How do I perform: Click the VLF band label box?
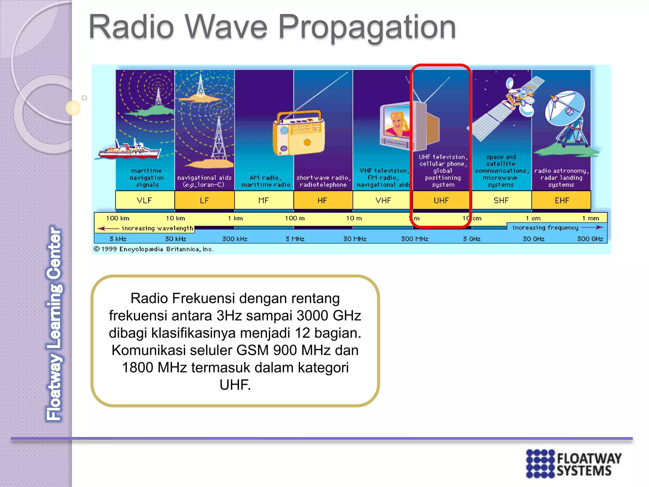point(145,200)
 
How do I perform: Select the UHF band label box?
point(441,200)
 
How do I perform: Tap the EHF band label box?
point(561,200)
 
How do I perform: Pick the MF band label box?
point(264,200)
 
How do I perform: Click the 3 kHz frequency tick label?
point(118,239)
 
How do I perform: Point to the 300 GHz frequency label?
point(590,239)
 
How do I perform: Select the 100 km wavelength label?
point(118,218)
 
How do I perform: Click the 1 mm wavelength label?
point(591,218)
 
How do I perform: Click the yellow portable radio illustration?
point(299,133)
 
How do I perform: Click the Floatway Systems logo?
point(573,463)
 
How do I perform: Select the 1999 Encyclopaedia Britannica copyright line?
point(154,249)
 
